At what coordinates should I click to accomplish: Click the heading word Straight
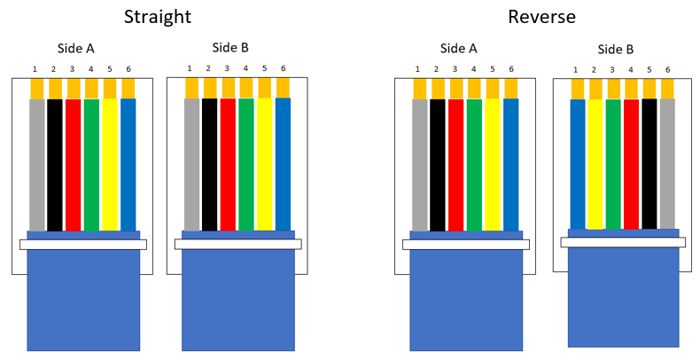(158, 17)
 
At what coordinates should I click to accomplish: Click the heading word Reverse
(541, 17)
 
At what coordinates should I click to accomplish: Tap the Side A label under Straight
(77, 49)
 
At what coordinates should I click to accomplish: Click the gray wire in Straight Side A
(36, 164)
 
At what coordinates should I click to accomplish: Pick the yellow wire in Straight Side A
(110, 164)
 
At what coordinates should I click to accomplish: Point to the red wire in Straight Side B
(228, 164)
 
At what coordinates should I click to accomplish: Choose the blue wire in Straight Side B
(283, 164)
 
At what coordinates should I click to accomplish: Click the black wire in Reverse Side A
(438, 164)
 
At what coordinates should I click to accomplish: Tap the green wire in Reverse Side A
(474, 164)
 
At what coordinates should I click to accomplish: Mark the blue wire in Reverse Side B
(578, 164)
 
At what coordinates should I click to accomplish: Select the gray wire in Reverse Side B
(667, 164)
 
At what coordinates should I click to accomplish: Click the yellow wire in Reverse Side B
(595, 164)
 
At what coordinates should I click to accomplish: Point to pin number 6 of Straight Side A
(128, 69)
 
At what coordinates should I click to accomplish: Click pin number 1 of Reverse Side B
(576, 70)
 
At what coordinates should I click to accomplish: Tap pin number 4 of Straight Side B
(245, 68)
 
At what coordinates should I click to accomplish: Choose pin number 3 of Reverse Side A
(455, 69)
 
